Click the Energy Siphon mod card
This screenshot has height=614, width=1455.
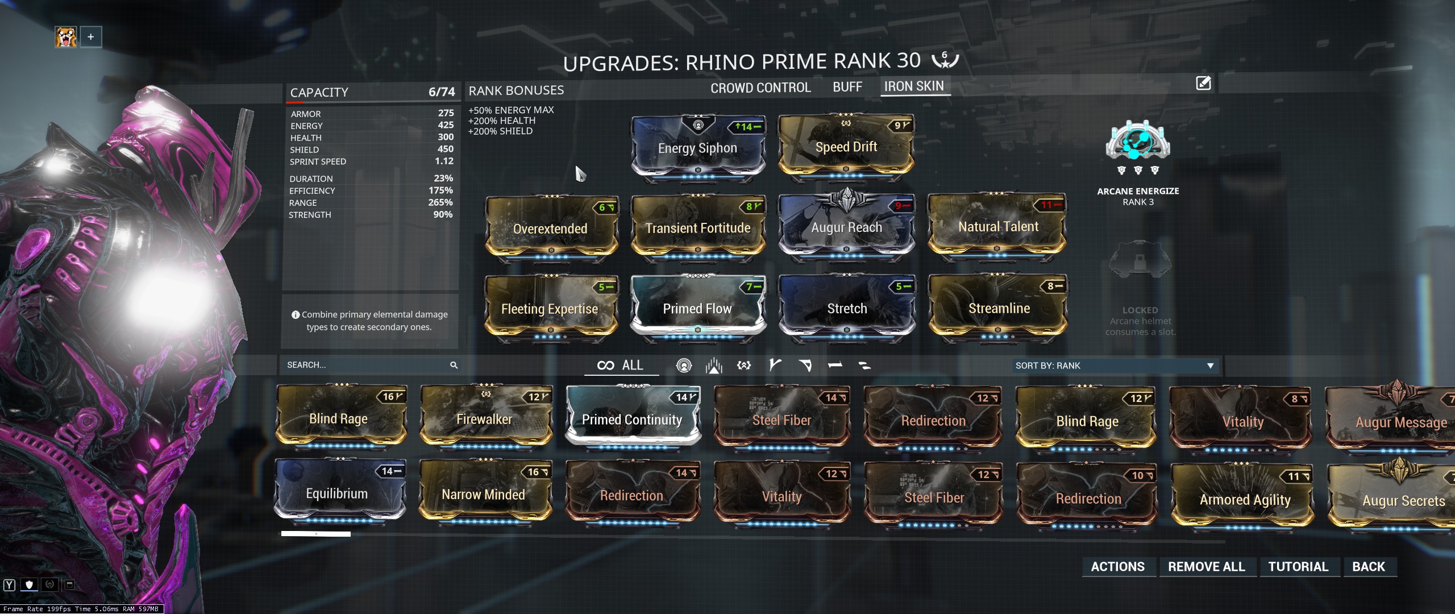pyautogui.click(x=698, y=148)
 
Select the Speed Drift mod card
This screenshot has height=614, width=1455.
pyautogui.click(x=846, y=147)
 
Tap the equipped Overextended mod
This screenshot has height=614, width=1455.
pyautogui.click(x=550, y=228)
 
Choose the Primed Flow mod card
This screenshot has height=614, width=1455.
pyautogui.click(x=697, y=308)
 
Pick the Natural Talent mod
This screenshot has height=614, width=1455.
pyautogui.click(x=997, y=226)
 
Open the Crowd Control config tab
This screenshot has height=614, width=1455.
pyautogui.click(x=760, y=88)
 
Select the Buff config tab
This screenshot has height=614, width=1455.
pyautogui.click(x=847, y=87)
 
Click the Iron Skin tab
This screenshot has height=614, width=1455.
pyautogui.click(x=913, y=86)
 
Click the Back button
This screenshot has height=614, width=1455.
pyautogui.click(x=1369, y=566)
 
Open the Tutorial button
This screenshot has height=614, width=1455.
pyautogui.click(x=1298, y=566)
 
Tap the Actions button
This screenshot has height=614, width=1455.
pyautogui.click(x=1117, y=566)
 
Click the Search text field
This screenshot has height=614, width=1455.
pyautogui.click(x=364, y=365)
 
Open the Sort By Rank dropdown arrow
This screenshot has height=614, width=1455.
pyautogui.click(x=1210, y=366)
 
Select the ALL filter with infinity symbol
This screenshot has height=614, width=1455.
pyautogui.click(x=621, y=365)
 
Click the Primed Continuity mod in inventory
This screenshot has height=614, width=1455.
pyautogui.click(x=632, y=420)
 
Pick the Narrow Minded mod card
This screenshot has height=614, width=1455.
pyautogui.click(x=484, y=494)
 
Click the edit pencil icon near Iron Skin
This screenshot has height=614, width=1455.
pyautogui.click(x=1203, y=84)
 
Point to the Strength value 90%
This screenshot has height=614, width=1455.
pyautogui.click(x=443, y=214)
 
